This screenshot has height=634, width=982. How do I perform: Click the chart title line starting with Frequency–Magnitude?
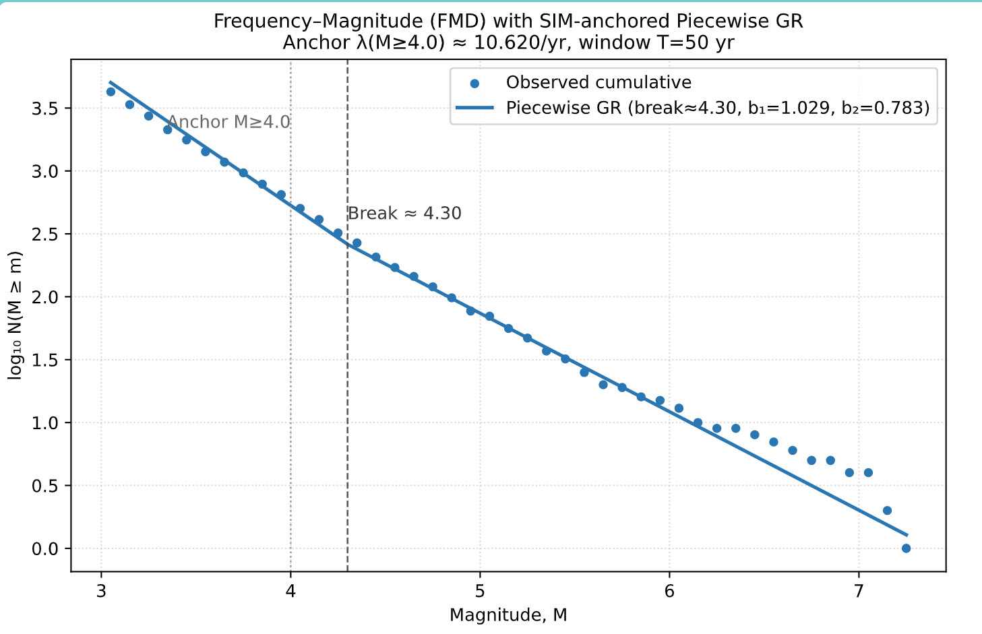(x=508, y=22)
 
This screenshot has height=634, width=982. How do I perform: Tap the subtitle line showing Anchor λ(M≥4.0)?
(x=508, y=42)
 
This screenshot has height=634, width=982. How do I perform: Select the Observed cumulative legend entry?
(x=599, y=83)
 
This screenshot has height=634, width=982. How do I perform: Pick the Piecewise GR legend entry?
(x=718, y=108)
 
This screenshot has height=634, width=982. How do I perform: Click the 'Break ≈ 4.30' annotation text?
(x=404, y=214)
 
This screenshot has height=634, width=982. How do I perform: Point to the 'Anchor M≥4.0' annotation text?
(x=228, y=122)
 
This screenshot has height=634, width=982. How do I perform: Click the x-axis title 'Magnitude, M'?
(x=508, y=615)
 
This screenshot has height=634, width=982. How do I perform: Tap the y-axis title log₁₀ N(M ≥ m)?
(x=16, y=315)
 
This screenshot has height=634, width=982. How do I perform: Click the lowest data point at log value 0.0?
(x=906, y=548)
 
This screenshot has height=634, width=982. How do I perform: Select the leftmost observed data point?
(x=111, y=92)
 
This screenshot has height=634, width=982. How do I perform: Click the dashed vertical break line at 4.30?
(x=347, y=404)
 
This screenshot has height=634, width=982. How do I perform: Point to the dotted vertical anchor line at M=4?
(x=290, y=404)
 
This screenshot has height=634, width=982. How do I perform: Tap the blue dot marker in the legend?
(x=474, y=84)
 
